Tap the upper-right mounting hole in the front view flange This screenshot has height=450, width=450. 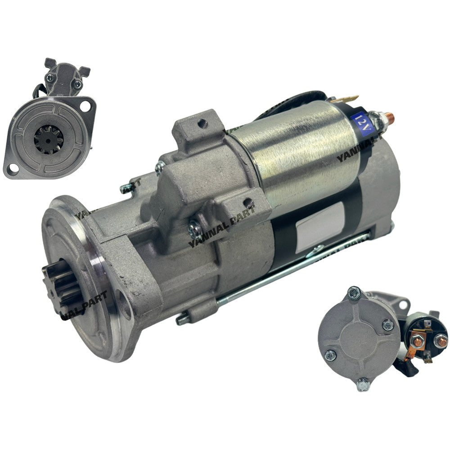tap(87, 106)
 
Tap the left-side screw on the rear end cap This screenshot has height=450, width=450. tap(330, 355)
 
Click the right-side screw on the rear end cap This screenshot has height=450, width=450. tap(387, 324)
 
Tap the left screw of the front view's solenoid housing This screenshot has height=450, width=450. tap(50, 77)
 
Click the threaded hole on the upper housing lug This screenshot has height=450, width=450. tap(202, 121)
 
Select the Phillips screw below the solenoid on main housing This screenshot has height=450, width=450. tap(194, 231)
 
